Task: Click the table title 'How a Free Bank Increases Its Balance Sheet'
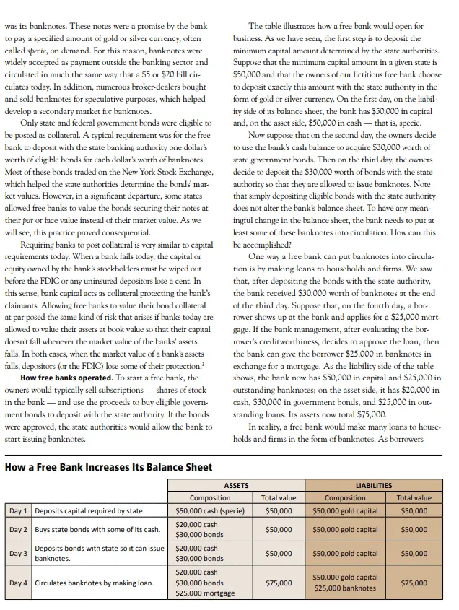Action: point(108,467)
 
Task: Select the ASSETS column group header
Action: point(236,486)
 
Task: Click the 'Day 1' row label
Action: point(18,510)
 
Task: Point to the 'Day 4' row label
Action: point(18,583)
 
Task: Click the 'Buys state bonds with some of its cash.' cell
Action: point(97,529)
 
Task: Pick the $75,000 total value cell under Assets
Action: point(278,583)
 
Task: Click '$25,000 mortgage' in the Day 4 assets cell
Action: point(205,593)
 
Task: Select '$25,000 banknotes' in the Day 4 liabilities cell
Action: point(345,588)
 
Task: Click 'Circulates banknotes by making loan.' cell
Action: point(94,583)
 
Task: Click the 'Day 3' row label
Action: point(18,554)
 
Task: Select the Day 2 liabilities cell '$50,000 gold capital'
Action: point(345,529)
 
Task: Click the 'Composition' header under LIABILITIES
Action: point(345,497)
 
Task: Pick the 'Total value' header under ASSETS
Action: point(278,497)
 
